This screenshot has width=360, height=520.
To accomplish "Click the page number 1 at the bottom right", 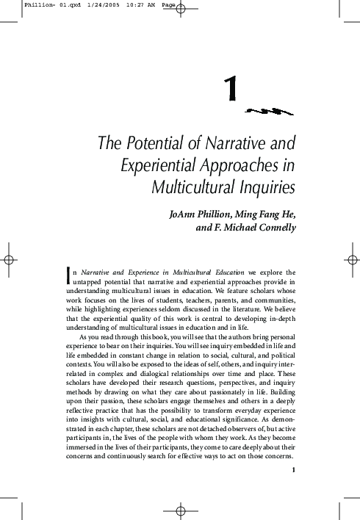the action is [x=292, y=470].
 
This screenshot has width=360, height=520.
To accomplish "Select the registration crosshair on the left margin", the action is [x=10, y=259].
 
